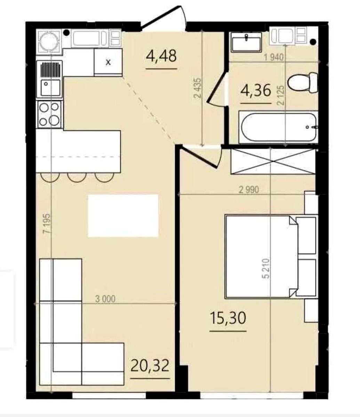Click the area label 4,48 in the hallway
click(161, 56)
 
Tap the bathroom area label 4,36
click(256, 90)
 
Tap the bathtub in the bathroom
click(278, 127)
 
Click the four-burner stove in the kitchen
click(50, 114)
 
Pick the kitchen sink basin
click(50, 87)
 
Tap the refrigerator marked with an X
click(108, 62)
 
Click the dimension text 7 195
click(47, 223)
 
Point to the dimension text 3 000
click(105, 299)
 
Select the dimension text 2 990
click(249, 190)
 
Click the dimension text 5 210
click(266, 269)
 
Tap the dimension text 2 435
click(198, 88)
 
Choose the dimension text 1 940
click(274, 58)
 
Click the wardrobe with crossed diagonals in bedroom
click(273, 161)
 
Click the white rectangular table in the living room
click(123, 216)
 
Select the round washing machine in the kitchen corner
click(49, 42)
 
